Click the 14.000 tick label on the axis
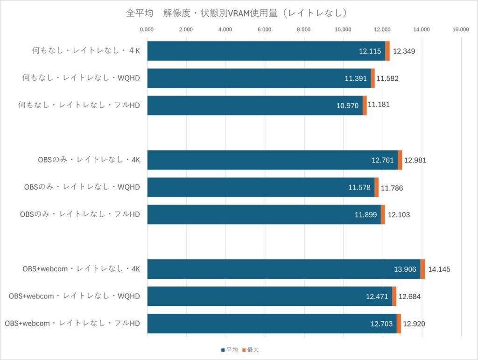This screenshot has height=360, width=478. (422, 30)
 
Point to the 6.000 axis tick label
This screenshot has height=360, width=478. (264, 30)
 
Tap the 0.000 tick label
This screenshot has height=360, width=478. (147, 30)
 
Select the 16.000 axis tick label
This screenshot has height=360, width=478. (461, 30)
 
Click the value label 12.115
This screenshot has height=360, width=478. (370, 51)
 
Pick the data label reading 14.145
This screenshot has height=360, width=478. (439, 269)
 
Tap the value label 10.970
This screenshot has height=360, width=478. (348, 106)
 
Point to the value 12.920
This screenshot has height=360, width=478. (414, 324)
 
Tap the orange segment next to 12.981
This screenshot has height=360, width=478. (400, 160)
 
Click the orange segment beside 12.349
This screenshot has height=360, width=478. (387, 51)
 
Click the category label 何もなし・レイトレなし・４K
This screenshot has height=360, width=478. (85, 51)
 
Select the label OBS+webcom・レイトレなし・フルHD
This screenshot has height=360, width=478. (72, 323)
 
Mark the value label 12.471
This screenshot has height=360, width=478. (378, 296)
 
